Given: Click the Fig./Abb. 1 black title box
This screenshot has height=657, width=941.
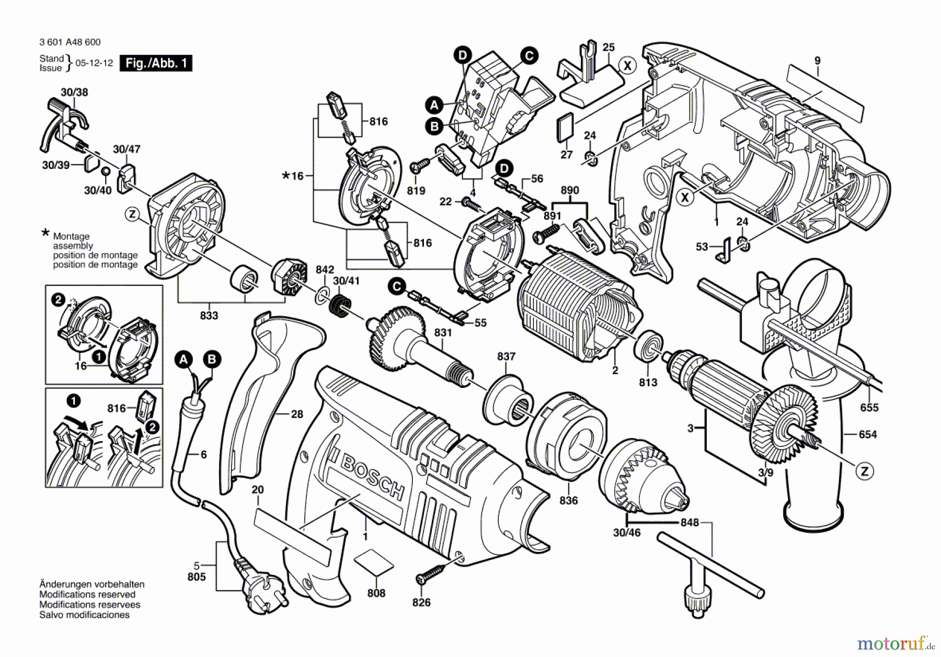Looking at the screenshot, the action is point(156,63).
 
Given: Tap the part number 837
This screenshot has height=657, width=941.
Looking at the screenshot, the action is point(506,356).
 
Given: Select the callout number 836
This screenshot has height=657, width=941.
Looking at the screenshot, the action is point(568,500).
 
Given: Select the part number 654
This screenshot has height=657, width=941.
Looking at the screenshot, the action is point(868,434).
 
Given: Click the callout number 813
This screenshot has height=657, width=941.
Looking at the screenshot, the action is point(648,383).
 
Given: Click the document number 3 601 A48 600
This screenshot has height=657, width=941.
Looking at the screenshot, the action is point(70,42).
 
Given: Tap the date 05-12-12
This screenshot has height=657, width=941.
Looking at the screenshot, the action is point(94,63).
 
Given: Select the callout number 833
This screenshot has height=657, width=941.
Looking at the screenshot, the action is point(209,316).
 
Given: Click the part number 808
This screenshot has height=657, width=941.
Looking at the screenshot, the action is point(376,593).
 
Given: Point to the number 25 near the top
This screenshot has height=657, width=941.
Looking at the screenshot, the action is point(609,48).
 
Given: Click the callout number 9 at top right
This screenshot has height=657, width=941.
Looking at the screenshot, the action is point(818,61).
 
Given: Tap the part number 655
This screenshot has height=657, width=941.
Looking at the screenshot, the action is point(869,408).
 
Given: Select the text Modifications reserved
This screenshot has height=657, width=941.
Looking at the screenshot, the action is point(87,594).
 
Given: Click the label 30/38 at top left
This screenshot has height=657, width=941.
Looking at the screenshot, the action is point(75,93).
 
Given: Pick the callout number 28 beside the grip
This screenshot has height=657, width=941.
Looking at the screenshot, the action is point(297,414).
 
